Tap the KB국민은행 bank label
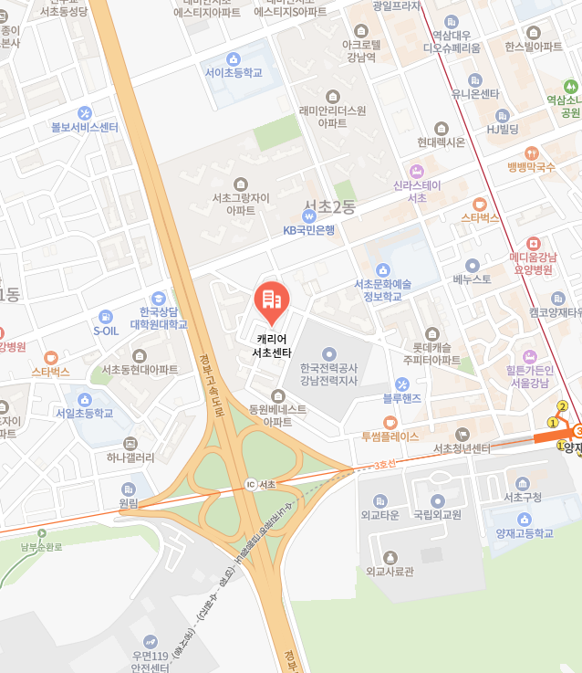tap(308, 229)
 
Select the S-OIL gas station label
tap(106, 331)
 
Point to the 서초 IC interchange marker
tap(251, 484)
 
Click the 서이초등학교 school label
tap(234, 72)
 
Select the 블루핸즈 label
tap(401, 398)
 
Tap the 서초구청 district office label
tap(523, 496)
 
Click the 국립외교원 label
tap(437, 513)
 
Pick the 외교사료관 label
tap(390, 571)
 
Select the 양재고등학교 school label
tap(525, 533)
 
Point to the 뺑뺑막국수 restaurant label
tap(531, 167)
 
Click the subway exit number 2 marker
tap(562, 406)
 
